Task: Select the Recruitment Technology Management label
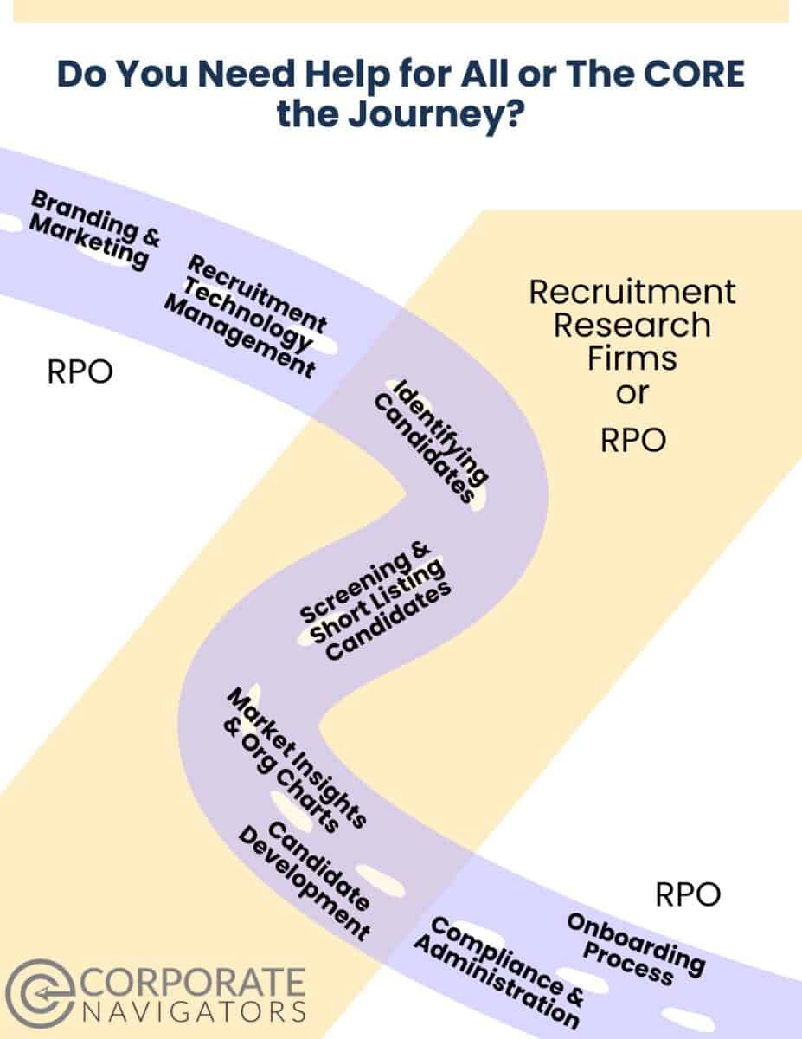click(x=246, y=316)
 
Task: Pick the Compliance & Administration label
click(x=497, y=972)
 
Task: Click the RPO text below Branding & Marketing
click(x=80, y=374)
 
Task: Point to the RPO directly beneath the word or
click(x=632, y=440)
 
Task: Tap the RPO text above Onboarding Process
click(x=688, y=894)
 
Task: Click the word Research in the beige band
click(x=632, y=326)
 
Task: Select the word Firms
click(x=632, y=358)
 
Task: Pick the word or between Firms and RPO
click(x=632, y=394)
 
